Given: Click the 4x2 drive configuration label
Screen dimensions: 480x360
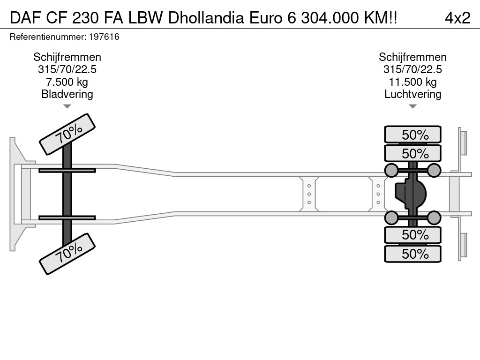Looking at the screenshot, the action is [x=457, y=18].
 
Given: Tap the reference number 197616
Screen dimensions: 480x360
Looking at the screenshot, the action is [x=104, y=37].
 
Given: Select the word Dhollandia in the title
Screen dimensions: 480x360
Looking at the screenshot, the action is [x=206, y=18].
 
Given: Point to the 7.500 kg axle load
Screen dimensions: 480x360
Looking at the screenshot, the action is [x=67, y=82].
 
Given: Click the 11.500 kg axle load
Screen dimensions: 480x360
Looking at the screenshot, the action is [x=412, y=82].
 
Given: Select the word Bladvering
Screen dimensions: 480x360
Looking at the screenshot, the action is [x=67, y=94].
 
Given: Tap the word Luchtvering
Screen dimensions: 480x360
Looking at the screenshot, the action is [x=412, y=94].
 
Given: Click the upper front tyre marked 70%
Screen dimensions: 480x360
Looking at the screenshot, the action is [x=67, y=135].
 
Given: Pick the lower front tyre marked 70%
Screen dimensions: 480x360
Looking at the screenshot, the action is [x=67, y=254].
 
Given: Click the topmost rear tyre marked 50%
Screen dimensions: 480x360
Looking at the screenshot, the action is [x=412, y=135].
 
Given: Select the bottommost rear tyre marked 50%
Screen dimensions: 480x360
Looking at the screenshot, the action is [x=412, y=254].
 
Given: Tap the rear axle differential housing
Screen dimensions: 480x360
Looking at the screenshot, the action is [x=411, y=194].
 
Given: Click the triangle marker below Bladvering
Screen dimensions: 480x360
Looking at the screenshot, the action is [x=67, y=106].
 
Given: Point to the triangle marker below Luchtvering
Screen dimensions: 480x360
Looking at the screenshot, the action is [x=412, y=106].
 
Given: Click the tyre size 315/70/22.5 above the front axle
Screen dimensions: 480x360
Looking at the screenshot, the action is [x=67, y=69].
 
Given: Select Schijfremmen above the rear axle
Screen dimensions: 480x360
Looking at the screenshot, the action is [x=412, y=57].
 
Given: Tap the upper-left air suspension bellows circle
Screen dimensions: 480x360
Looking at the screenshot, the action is [x=391, y=170].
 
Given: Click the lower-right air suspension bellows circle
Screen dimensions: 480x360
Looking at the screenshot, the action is [x=434, y=217].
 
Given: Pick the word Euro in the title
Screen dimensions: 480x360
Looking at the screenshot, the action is [x=266, y=18].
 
